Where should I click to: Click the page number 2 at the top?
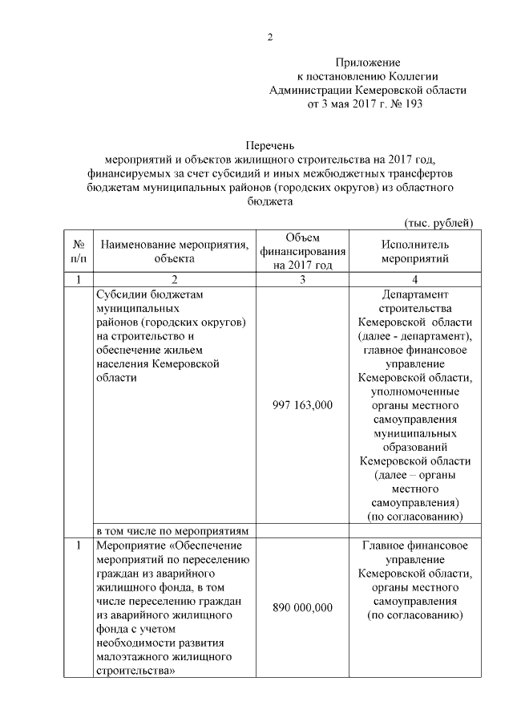(x=270, y=37)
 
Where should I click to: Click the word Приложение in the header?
(x=367, y=62)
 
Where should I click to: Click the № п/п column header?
(x=79, y=250)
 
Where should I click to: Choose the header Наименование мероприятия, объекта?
(x=172, y=250)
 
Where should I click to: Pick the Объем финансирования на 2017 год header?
(x=302, y=250)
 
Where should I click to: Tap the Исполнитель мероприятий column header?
(x=414, y=250)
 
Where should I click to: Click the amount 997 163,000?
(x=302, y=406)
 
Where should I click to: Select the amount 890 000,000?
(x=302, y=607)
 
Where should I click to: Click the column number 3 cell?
(x=302, y=279)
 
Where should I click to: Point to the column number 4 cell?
(x=414, y=279)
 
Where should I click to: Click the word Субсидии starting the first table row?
(x=120, y=294)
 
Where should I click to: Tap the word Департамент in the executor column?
(x=414, y=294)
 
